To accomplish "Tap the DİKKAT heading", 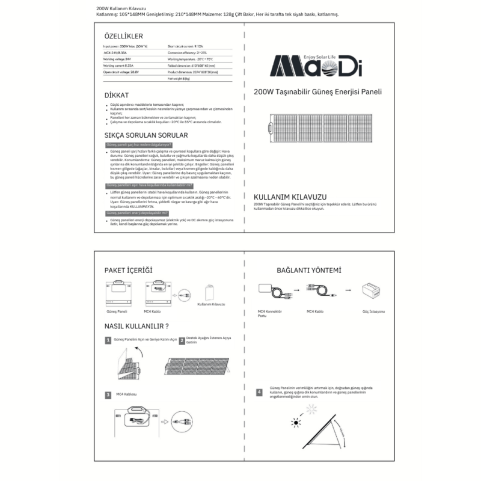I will pos(117,95).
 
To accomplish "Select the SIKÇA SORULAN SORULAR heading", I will pos(147,135).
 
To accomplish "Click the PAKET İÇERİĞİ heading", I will pos(129,271).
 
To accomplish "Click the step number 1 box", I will pos(108,340).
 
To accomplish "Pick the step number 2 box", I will pos(182,340).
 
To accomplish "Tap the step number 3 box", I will pos(108,395).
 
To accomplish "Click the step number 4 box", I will pos(259,392).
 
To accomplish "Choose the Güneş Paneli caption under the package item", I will pos(117,313).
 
